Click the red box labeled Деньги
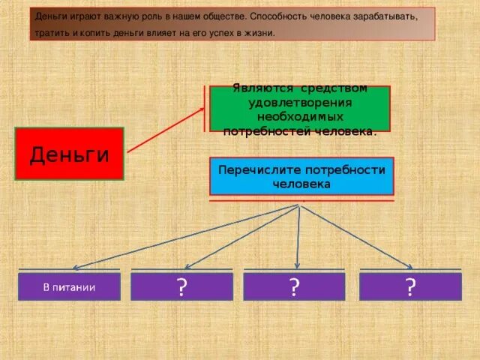coord(69,154)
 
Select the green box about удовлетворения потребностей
coord(299,109)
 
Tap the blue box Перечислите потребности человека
coord(301,175)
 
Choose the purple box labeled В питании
coord(69,286)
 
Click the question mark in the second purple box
coord(181,286)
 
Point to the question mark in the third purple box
coord(295,286)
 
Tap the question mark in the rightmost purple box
coord(410,286)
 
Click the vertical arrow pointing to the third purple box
coord(299,236)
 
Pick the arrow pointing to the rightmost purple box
coord(356,236)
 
